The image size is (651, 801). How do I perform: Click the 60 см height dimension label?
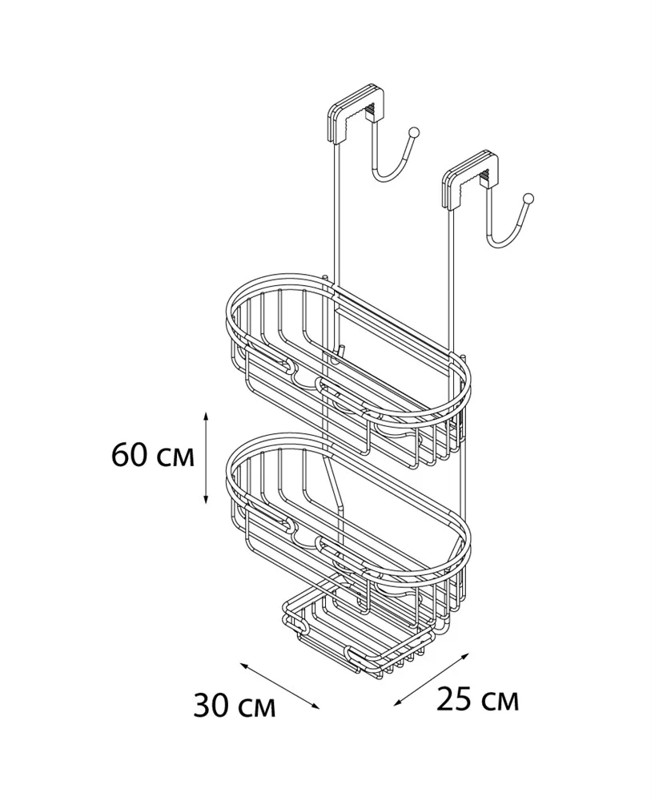pos(153,455)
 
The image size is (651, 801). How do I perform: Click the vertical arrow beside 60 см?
pos(206,457)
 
